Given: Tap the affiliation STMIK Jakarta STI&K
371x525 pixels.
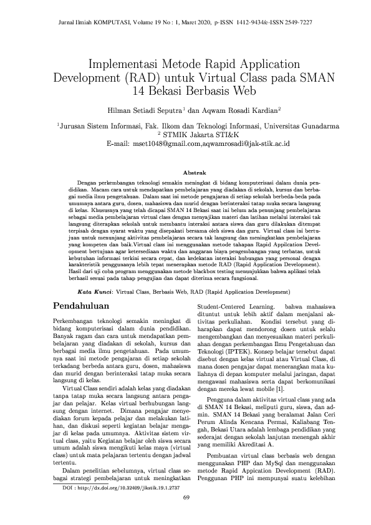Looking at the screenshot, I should click(189, 135).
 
